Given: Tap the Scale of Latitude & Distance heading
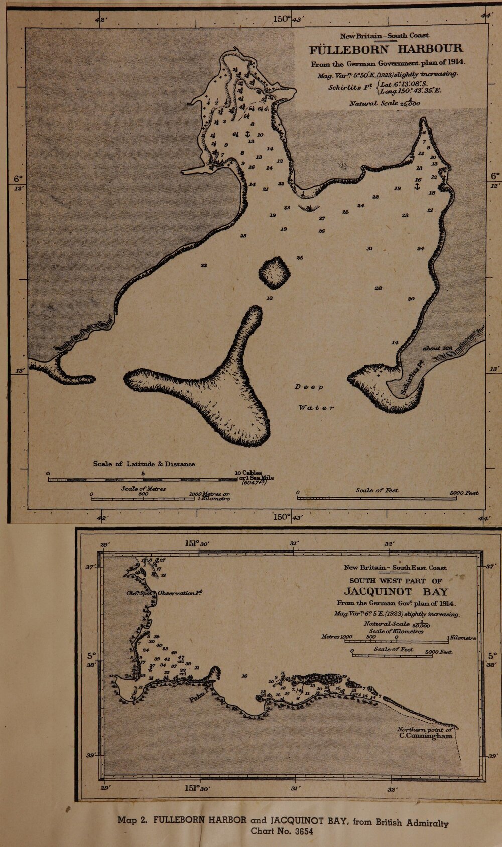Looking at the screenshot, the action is [144, 464].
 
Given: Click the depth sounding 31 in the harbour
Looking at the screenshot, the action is [369, 249].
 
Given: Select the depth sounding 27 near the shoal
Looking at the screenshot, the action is [322, 219].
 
